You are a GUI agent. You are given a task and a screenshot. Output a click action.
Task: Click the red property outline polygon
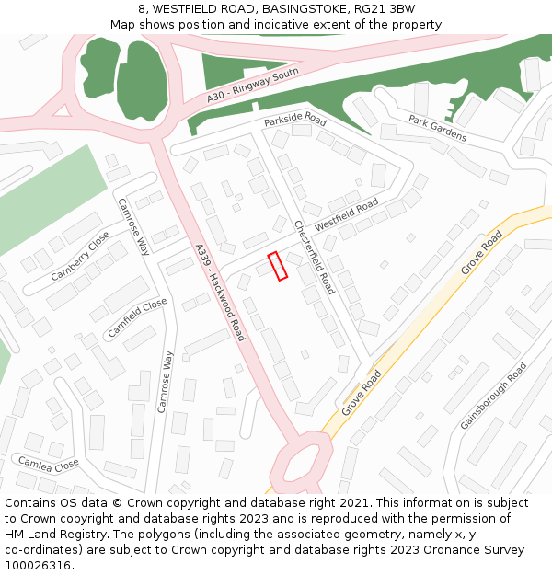[278, 266]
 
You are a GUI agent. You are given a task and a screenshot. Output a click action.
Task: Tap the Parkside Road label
[295, 121]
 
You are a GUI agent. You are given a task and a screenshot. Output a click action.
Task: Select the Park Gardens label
[438, 129]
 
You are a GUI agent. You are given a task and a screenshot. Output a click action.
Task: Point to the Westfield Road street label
[347, 215]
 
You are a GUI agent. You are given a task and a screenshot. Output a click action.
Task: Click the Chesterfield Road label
[315, 257]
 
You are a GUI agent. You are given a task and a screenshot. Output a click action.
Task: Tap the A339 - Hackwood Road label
[220, 293]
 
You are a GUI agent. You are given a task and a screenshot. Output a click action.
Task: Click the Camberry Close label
[80, 256]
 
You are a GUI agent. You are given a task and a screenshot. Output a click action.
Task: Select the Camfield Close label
[137, 317]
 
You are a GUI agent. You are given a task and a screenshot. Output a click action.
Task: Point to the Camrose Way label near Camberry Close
[133, 226]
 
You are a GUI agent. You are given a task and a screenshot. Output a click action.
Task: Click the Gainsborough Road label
[494, 395]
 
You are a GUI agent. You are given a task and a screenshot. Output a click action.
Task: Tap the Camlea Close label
[49, 464]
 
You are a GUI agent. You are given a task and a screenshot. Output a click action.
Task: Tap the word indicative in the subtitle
[294, 25]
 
